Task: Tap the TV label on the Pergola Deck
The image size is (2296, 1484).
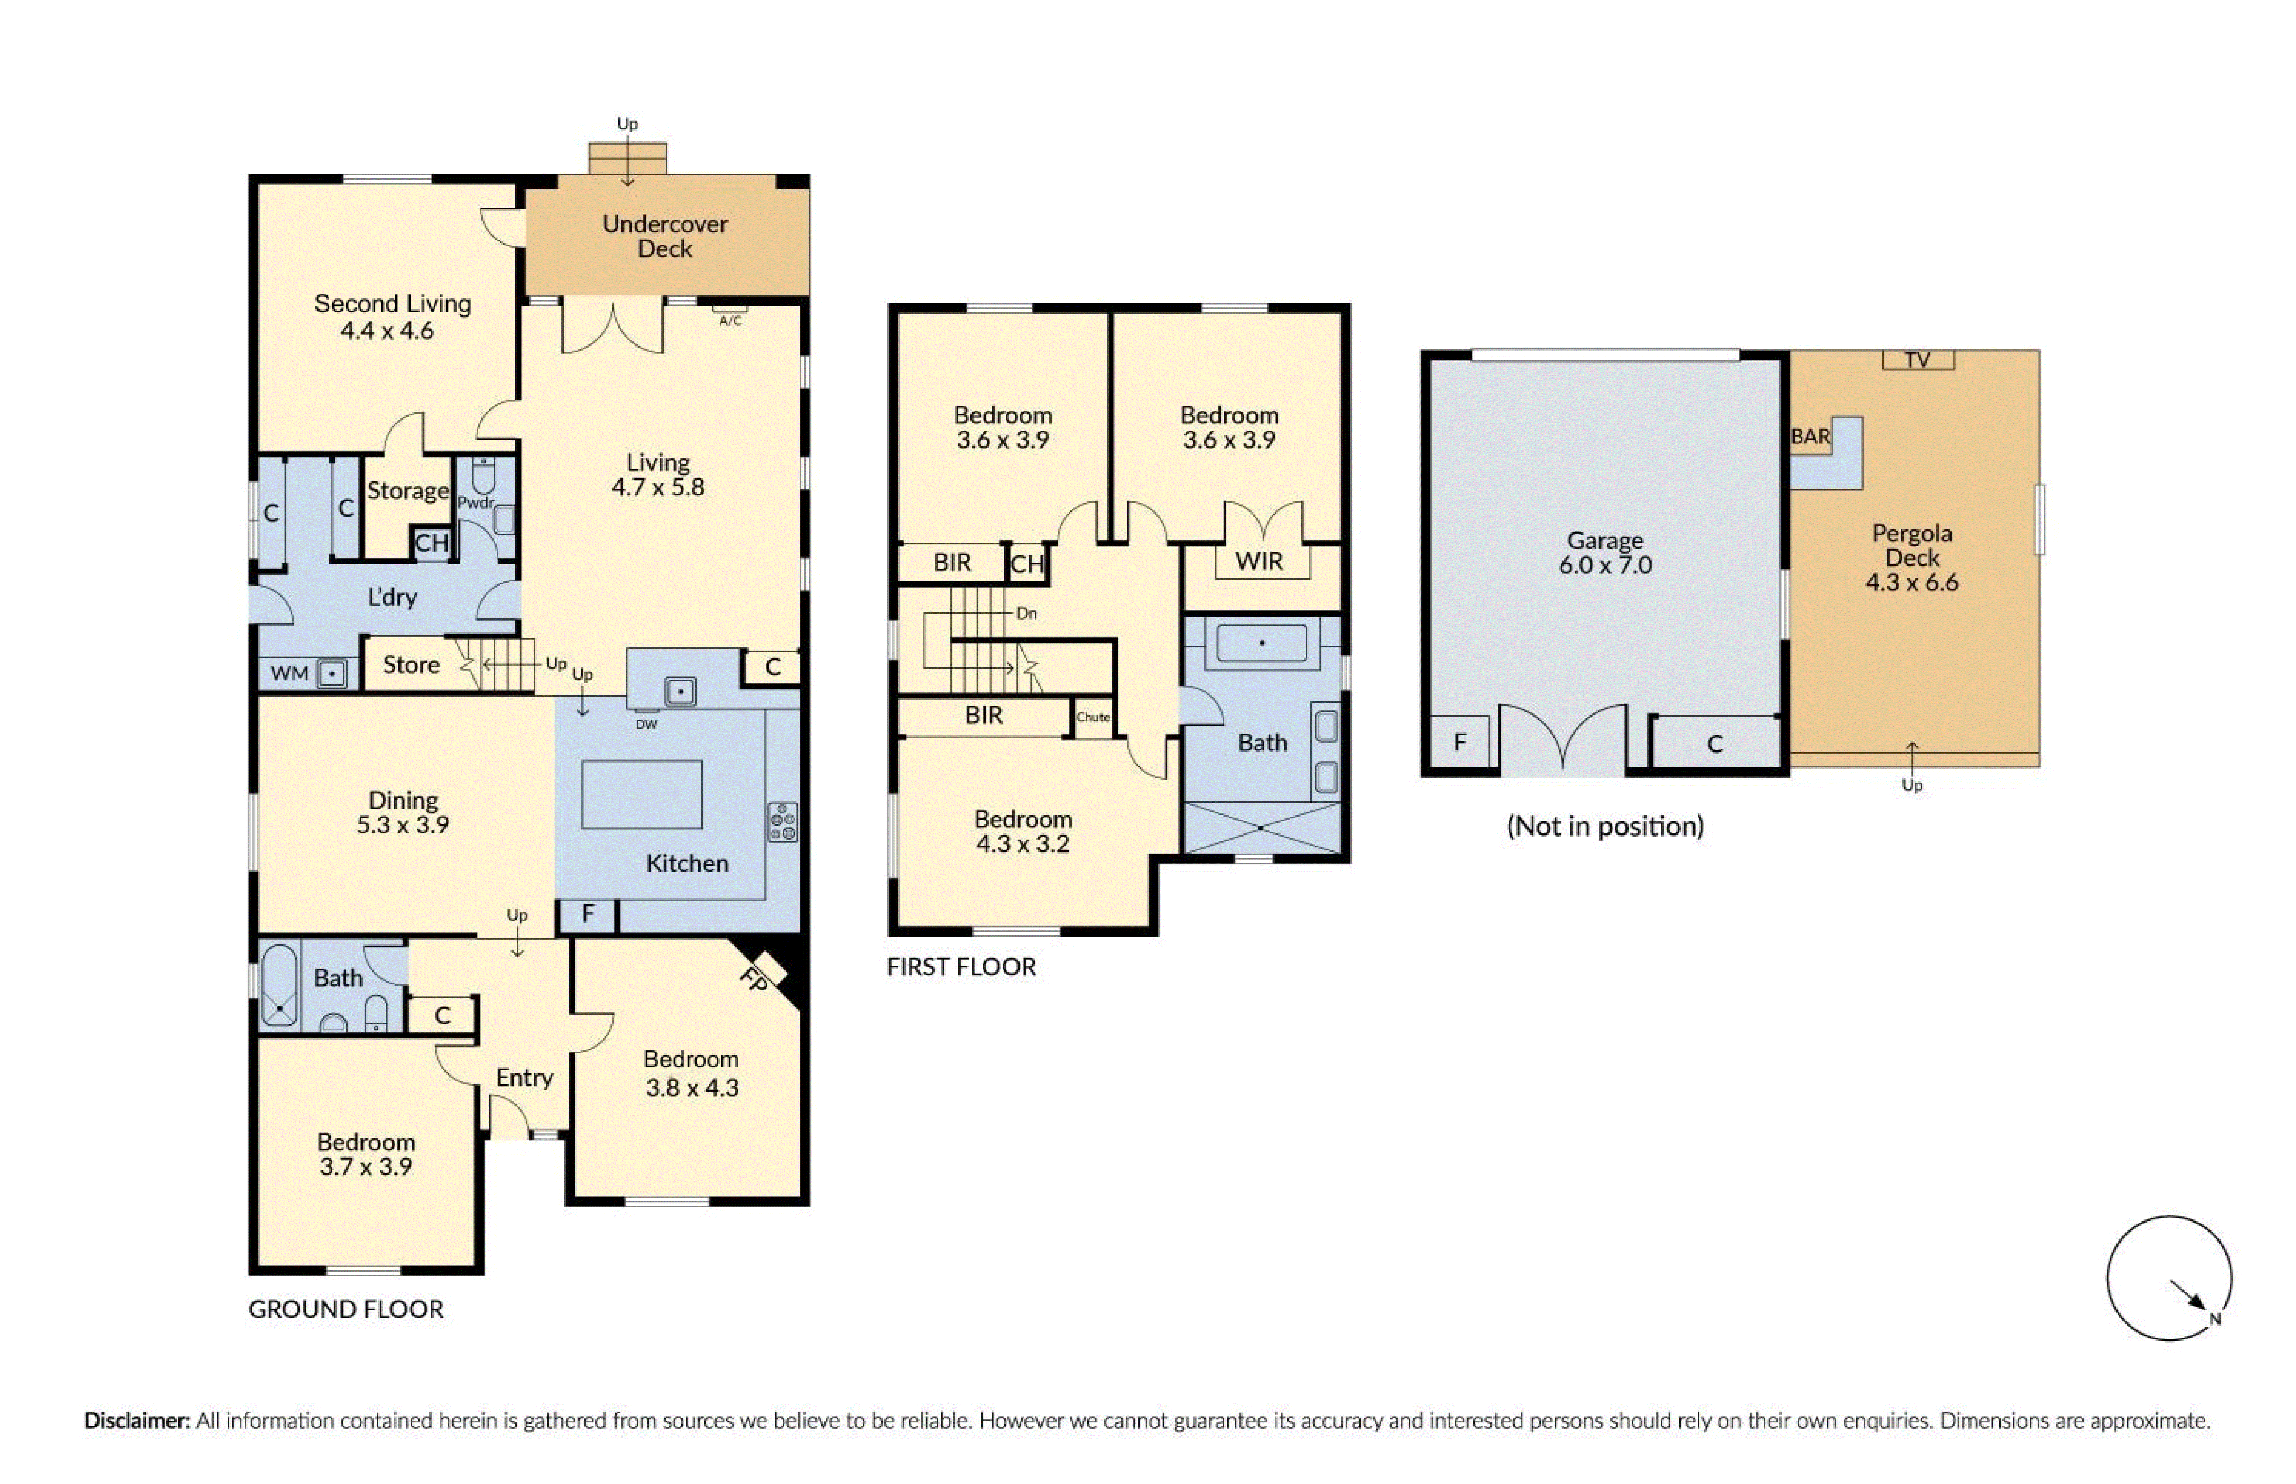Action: [1917, 359]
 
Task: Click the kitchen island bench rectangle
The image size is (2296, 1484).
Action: [642, 794]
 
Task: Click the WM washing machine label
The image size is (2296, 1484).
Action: [289, 673]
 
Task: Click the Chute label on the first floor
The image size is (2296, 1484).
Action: [1092, 717]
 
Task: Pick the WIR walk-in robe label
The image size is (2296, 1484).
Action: [1259, 561]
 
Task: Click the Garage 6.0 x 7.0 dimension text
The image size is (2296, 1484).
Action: [1605, 565]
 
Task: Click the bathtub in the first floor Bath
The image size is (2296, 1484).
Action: [1262, 643]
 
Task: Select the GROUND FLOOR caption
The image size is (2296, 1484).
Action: [346, 1309]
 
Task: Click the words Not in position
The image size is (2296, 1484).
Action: [1605, 826]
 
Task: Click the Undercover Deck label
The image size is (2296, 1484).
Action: [665, 236]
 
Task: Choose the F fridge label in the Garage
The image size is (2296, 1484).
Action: [1460, 742]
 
